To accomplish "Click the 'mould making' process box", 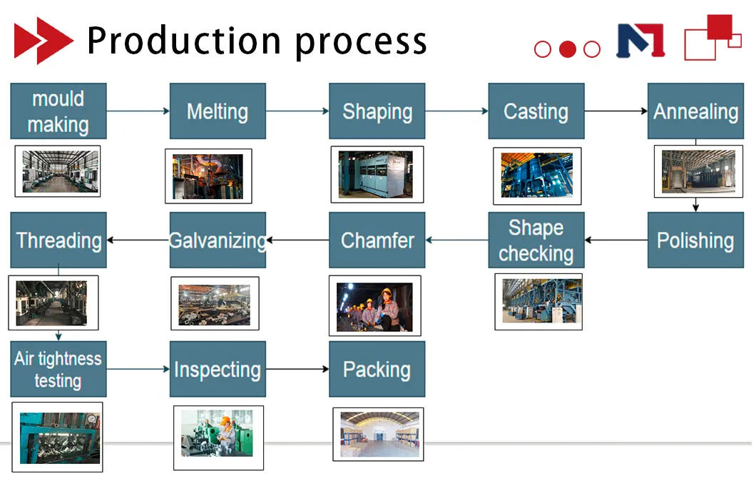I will pos(58,111).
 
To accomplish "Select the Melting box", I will pos(218,111).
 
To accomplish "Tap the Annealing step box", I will pos(695,111).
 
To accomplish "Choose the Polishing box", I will pos(695,241).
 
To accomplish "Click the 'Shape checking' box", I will pos(536,241).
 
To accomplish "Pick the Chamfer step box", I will pos(377,241).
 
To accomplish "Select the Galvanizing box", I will pos(218,241).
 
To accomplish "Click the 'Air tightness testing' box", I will pos(58,369).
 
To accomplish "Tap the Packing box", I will pos(377,369).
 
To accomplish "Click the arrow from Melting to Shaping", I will pos(297,111).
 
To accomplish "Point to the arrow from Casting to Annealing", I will pos(615,111).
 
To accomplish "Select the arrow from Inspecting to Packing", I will pos(297,369).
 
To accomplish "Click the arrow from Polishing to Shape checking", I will pos(615,241).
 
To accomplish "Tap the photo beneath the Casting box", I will pos(536,176).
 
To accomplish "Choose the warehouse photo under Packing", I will pos(378,434).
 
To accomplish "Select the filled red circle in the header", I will pos(567,49).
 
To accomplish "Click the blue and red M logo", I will pos(640,41).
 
